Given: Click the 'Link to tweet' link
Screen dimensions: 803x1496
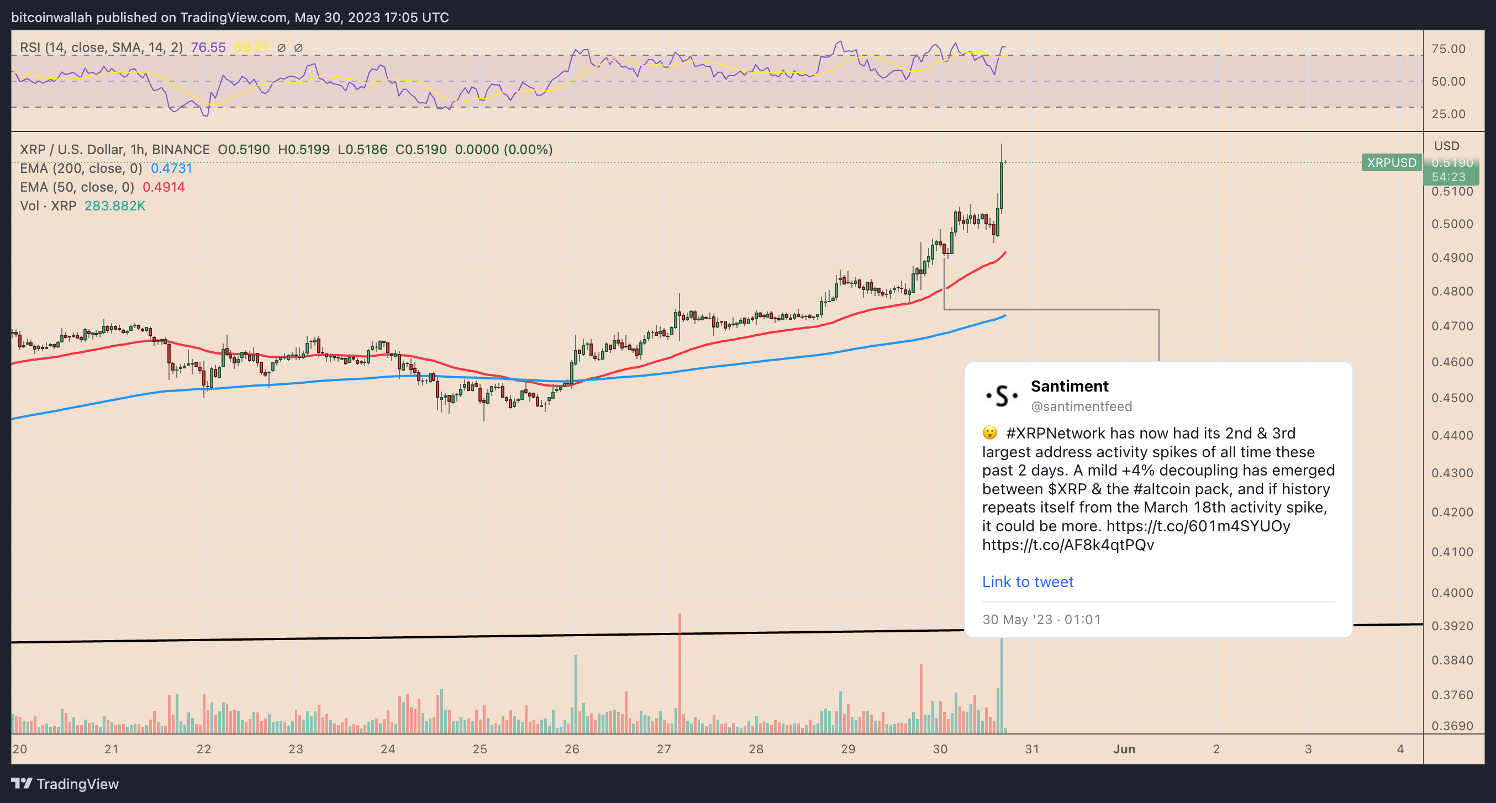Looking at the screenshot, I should (1028, 581).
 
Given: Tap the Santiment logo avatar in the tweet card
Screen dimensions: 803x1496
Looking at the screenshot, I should (1001, 395).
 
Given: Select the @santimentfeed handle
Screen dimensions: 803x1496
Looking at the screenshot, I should (1081, 406).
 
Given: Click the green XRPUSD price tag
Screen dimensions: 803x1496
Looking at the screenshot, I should (1391, 162).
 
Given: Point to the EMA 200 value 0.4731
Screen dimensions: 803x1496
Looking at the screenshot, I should (171, 168).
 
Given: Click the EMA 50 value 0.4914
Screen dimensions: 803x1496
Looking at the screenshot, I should (164, 187).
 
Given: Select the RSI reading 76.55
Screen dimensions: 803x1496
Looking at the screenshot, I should (208, 47).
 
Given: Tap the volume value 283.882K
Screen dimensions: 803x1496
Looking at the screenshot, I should (115, 206).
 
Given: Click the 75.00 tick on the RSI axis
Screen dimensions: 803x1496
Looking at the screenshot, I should (1448, 49).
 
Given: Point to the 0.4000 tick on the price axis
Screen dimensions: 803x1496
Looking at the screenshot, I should (1452, 593).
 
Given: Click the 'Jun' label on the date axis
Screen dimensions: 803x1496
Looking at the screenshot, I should (1124, 749).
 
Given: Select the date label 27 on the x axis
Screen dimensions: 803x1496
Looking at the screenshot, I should (664, 749).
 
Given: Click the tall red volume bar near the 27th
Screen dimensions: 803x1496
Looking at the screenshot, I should (679, 674).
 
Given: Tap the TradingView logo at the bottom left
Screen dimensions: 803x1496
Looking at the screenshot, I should (65, 784).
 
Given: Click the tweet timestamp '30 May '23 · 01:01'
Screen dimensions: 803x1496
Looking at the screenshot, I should (1041, 620).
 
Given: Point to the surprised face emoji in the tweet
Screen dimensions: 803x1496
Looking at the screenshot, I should (989, 433).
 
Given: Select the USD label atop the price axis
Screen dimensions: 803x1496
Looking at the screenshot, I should (1446, 146).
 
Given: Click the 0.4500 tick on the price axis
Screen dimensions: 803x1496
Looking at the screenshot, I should (1452, 398).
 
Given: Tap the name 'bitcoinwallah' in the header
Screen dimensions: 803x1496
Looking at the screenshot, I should (52, 18).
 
